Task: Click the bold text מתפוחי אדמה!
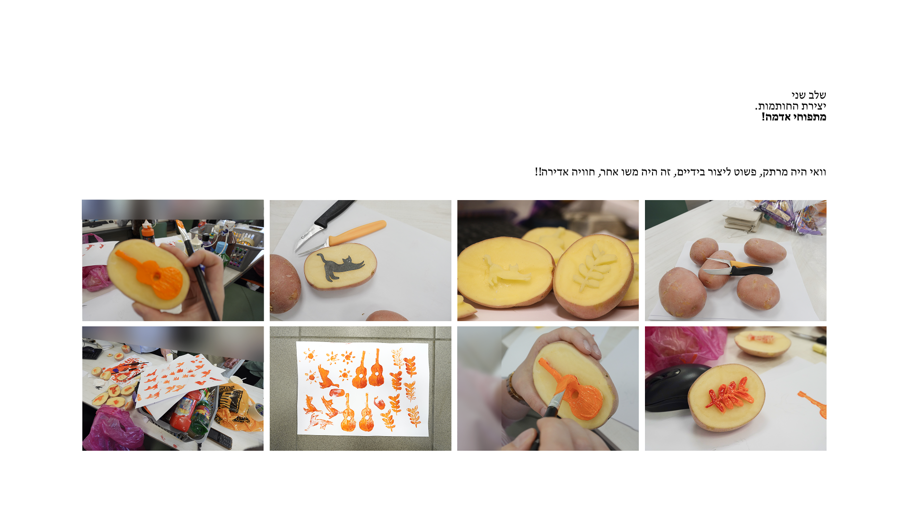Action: coord(794,117)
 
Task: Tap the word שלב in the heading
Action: coord(817,95)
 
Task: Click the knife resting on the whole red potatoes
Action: coord(738,269)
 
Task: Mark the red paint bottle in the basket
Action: coord(183,411)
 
